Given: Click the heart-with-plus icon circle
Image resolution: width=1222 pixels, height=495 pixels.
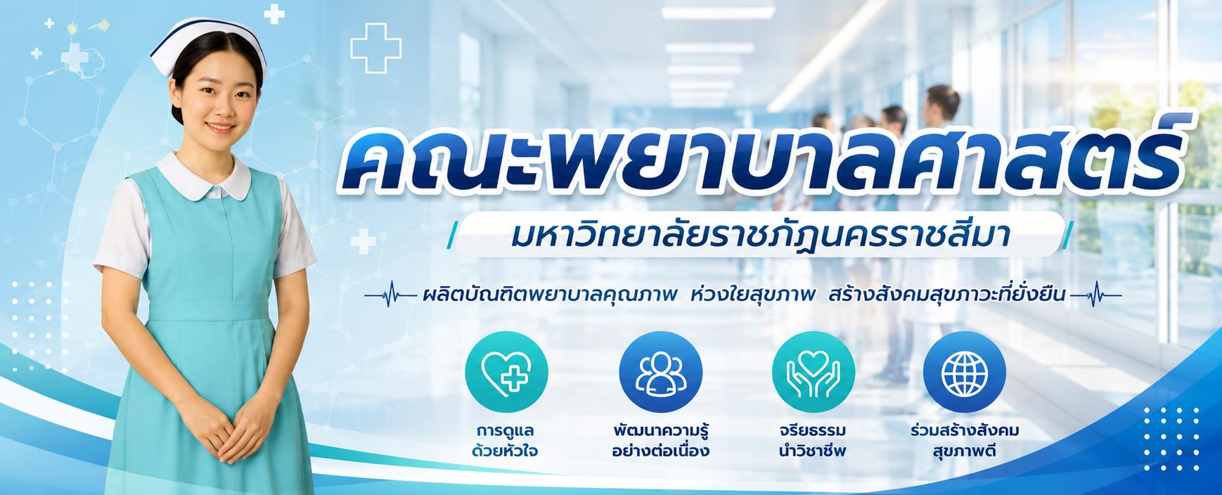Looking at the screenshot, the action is pyautogui.click(x=506, y=372).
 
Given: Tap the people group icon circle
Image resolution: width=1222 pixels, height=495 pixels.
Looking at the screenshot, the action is pyautogui.click(x=660, y=372).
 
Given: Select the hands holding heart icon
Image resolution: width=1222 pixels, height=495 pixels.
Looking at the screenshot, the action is pyautogui.click(x=813, y=372).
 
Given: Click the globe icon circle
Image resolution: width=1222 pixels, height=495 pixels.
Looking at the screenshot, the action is pyautogui.click(x=965, y=372).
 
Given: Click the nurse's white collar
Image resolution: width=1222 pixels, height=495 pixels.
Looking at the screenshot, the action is pyautogui.click(x=204, y=177).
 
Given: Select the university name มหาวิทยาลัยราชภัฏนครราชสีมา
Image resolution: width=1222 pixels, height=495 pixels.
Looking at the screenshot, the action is pyautogui.click(x=761, y=236).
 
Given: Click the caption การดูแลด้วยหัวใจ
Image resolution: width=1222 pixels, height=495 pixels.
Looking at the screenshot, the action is pyautogui.click(x=506, y=440).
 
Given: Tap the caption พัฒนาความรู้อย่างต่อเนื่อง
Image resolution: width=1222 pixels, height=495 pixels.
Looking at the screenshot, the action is pyautogui.click(x=660, y=440).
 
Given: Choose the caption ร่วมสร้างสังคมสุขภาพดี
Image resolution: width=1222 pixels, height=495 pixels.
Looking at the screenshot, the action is pyautogui.click(x=965, y=440).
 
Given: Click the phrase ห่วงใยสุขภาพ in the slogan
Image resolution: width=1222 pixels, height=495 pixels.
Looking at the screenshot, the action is pyautogui.click(x=753, y=295).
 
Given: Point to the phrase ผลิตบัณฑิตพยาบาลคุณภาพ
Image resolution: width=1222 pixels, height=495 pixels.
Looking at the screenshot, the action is pyautogui.click(x=550, y=295).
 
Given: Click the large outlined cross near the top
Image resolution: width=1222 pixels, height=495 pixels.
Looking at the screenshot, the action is pyautogui.click(x=375, y=48).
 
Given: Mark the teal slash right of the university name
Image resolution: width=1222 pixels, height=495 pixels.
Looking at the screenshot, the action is pyautogui.click(x=1067, y=236).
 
